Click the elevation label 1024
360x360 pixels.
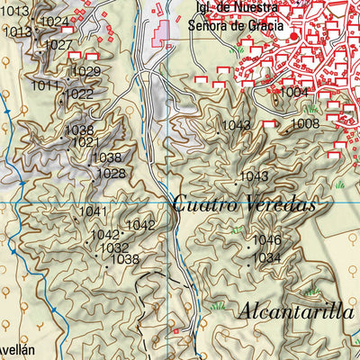click(x=55, y=22)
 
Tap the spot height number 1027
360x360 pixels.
click(x=58, y=45)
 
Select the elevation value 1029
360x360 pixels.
click(x=86, y=72)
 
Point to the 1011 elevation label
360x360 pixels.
click(x=45, y=85)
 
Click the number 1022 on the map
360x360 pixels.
click(x=78, y=94)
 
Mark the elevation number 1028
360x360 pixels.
click(x=111, y=174)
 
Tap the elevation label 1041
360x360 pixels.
click(x=93, y=211)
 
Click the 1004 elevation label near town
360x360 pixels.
click(x=293, y=93)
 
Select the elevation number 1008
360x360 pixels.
click(x=305, y=123)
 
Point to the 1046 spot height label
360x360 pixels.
click(x=266, y=240)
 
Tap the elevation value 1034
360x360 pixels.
click(x=266, y=258)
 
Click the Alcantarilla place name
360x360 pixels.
click(x=295, y=312)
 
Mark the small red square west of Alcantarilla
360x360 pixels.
click(x=176, y=331)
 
